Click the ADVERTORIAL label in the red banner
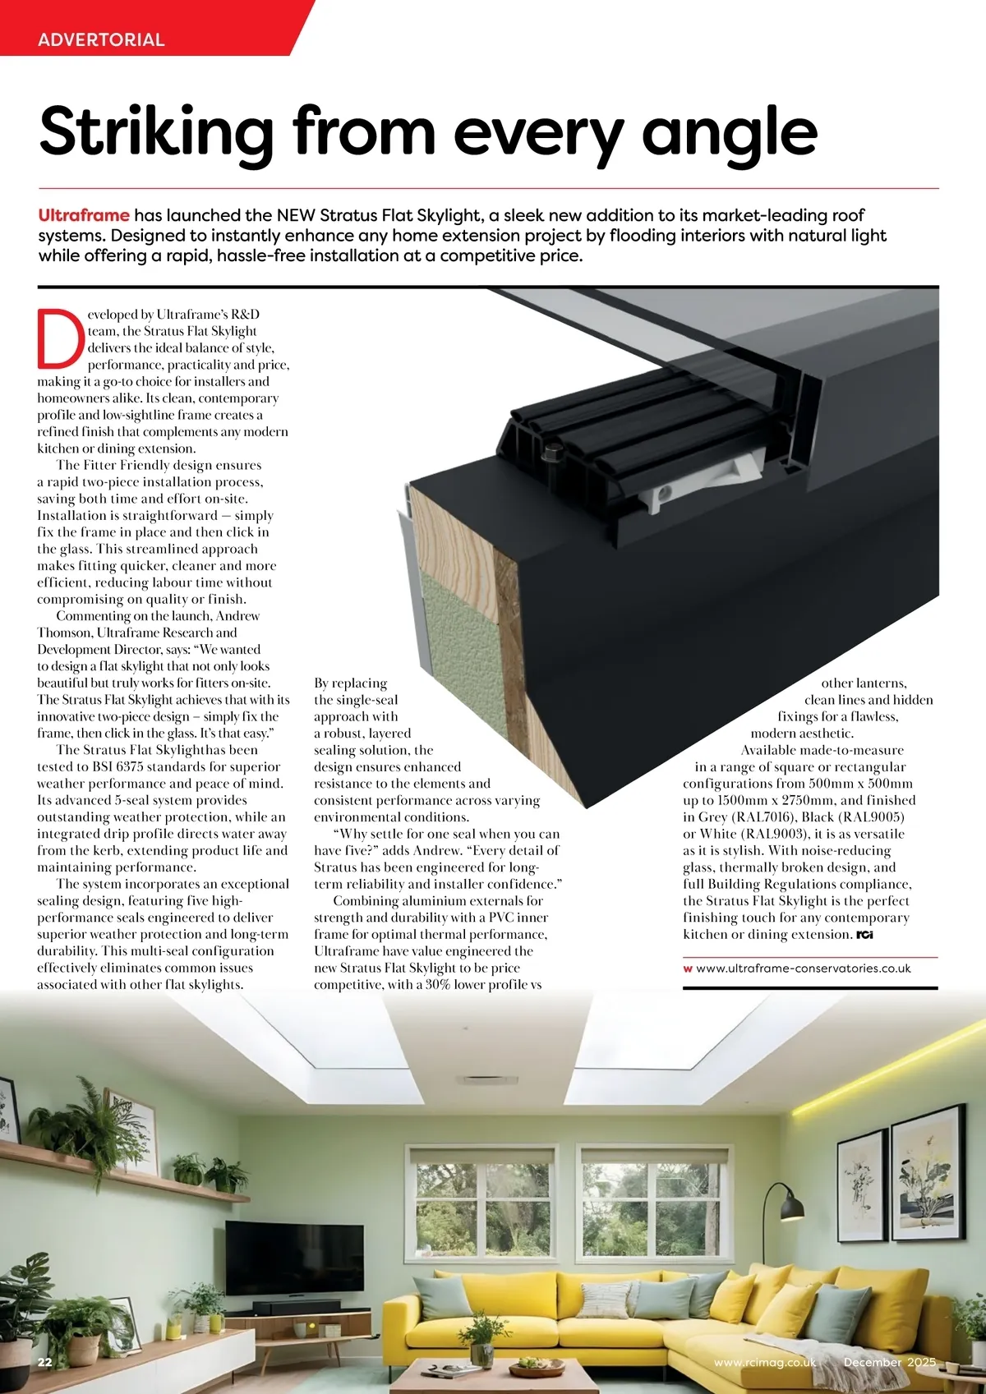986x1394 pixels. coord(101,39)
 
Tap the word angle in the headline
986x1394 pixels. coord(730,133)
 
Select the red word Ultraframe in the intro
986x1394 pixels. coord(84,215)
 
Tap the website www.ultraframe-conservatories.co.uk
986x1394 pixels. coord(803,968)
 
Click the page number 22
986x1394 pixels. coord(45,1362)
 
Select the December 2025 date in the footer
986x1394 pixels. coord(889,1362)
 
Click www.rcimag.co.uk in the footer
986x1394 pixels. coord(765,1362)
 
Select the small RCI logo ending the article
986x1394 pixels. coord(864,935)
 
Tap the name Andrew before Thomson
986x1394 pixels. coord(237,616)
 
